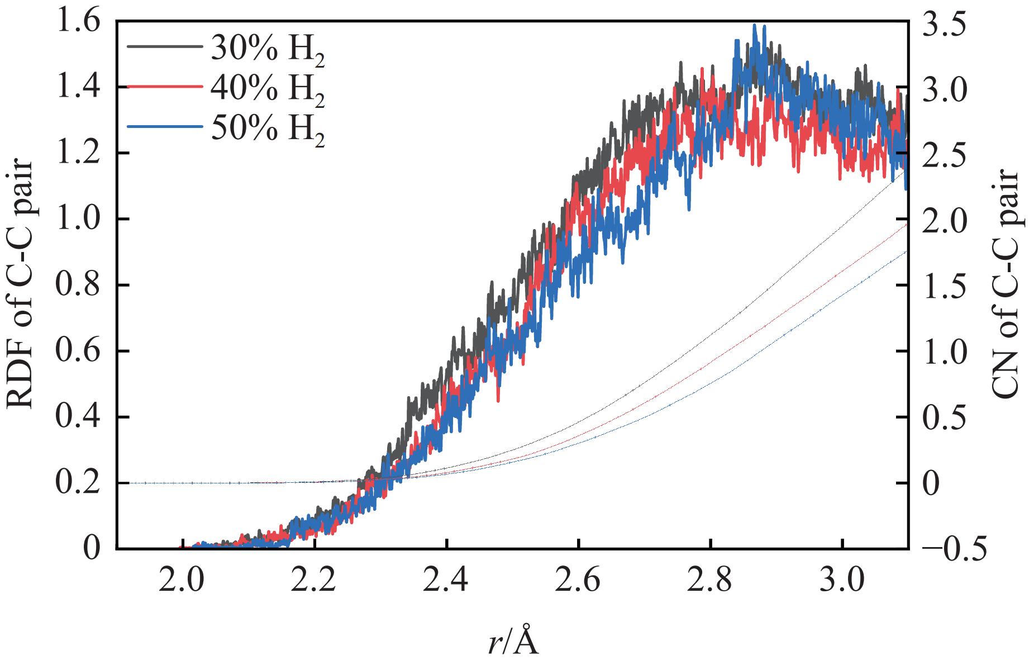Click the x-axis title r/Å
coord(512,643)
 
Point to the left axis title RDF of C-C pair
coord(21,285)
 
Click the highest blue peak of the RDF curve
coord(755,26)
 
